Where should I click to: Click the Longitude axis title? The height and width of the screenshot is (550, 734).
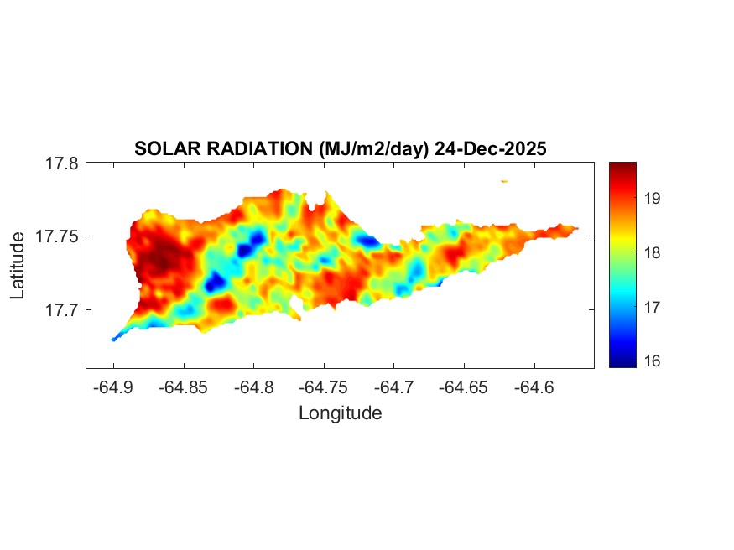(340, 412)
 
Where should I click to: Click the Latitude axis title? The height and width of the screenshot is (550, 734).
(18, 266)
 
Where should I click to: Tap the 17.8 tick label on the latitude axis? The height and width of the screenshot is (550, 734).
(62, 163)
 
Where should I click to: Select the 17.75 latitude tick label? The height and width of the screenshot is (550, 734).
(58, 236)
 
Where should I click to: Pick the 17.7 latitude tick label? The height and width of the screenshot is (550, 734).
(62, 309)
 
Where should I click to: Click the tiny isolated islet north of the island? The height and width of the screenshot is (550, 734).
(505, 180)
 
